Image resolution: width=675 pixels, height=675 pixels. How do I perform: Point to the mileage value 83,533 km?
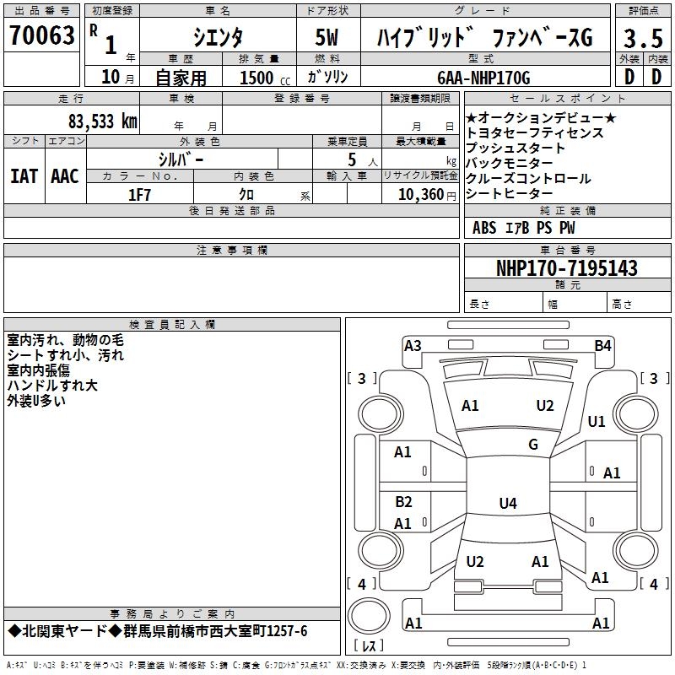(x=102, y=121)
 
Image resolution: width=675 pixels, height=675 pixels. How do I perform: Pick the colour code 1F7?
(x=139, y=194)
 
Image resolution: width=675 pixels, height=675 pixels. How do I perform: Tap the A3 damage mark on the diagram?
(x=413, y=345)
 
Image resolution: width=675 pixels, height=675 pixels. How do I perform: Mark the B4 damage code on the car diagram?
(x=602, y=345)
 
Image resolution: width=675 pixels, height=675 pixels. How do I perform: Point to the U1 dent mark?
(x=597, y=421)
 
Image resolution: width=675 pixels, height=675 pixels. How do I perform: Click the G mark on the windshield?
(x=532, y=445)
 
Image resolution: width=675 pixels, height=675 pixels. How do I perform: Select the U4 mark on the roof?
(x=507, y=504)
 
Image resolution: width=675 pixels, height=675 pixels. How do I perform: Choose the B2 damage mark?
(x=403, y=502)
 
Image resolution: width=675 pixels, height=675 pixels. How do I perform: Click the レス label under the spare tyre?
(x=370, y=646)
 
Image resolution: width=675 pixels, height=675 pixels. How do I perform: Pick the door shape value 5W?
(x=328, y=38)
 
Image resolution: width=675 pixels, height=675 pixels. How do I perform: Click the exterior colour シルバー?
(x=181, y=159)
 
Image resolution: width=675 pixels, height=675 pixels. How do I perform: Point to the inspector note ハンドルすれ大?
(x=52, y=386)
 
